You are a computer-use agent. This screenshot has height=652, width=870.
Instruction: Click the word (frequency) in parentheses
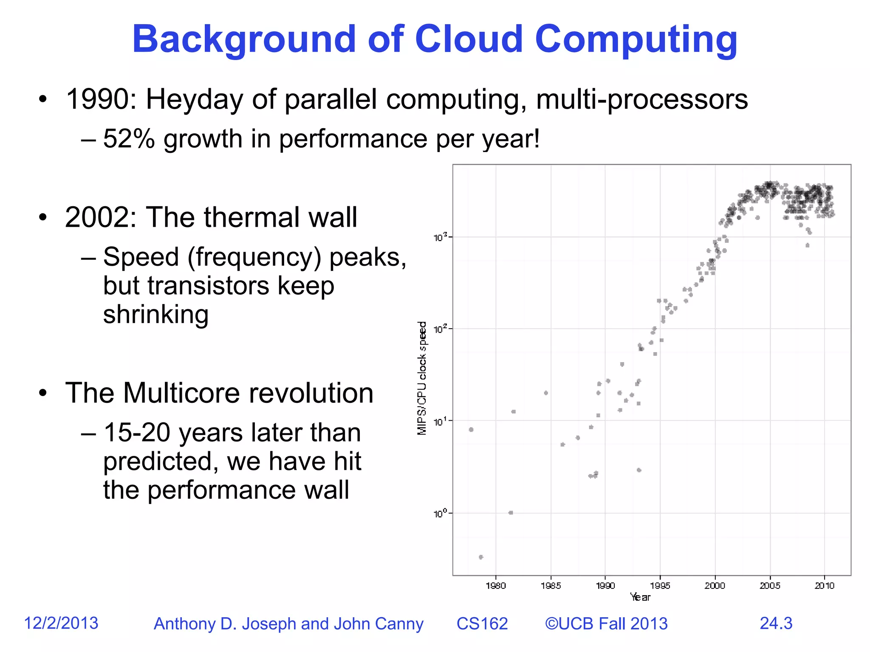[x=254, y=257]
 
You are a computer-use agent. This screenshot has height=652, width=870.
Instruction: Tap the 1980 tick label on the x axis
[x=496, y=586]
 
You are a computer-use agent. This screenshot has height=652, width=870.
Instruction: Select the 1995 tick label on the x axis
[x=660, y=586]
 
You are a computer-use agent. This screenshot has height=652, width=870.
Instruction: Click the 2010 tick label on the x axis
[x=825, y=586]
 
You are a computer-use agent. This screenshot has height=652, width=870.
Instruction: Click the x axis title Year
[x=640, y=597]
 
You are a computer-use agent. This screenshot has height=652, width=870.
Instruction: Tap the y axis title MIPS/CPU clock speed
[x=422, y=378]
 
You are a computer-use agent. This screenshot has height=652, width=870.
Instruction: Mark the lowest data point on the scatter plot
[x=481, y=557]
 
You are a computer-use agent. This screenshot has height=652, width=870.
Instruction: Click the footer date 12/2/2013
[x=61, y=623]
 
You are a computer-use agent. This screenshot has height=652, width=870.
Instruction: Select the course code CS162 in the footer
[x=482, y=624]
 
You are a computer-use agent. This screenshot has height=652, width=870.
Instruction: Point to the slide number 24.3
[x=776, y=623]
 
